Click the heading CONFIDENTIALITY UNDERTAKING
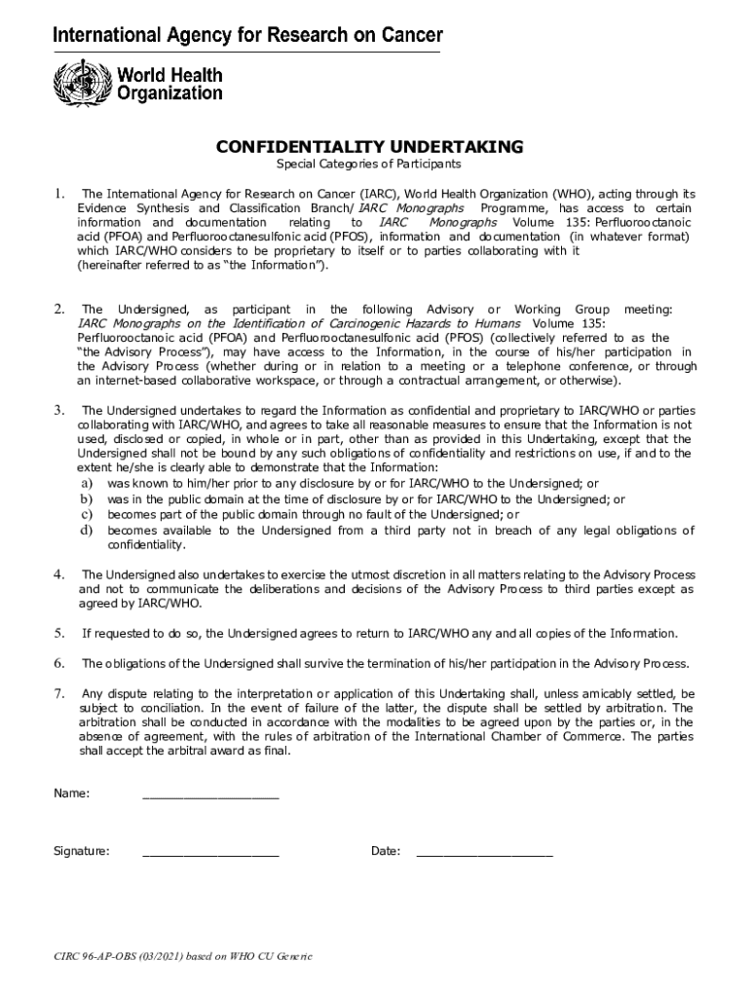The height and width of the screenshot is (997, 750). coord(369,147)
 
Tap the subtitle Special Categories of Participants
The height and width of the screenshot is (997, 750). coord(369,165)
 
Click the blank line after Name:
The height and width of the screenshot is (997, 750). coord(210,795)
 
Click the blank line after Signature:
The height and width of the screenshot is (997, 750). coord(210,853)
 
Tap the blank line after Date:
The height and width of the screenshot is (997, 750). coord(484,853)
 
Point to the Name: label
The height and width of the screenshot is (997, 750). coord(72,794)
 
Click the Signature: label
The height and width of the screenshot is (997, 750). coord(81,852)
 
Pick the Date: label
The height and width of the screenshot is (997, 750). coord(386,852)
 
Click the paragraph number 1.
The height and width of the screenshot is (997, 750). coord(59,193)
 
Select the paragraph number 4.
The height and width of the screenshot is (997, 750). coord(59,574)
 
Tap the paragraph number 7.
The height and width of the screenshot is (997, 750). coord(59,694)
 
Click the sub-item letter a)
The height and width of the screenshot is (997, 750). coord(86,483)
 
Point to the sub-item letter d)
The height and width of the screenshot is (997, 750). coord(86,531)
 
